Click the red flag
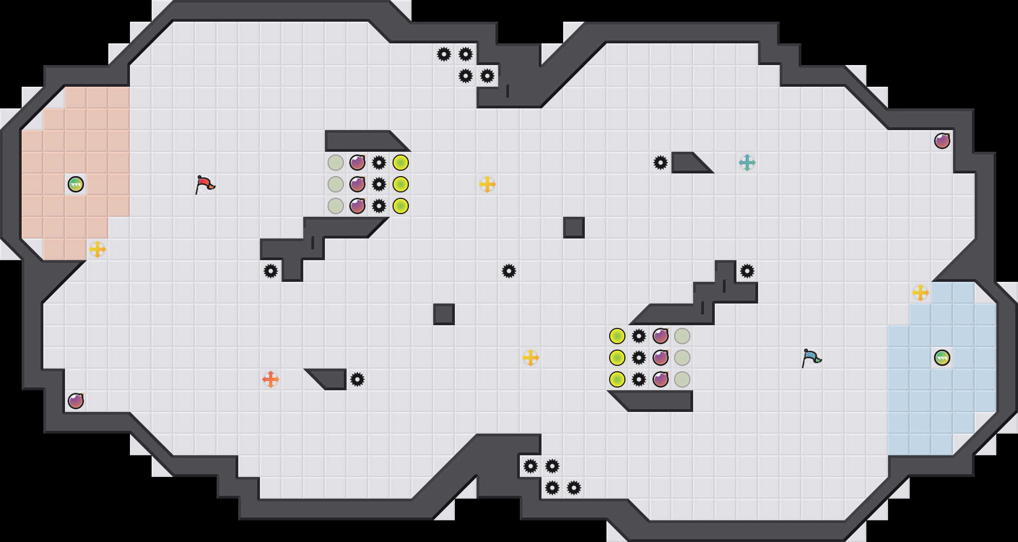[x=205, y=184]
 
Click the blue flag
[x=811, y=358]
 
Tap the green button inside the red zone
[x=76, y=184]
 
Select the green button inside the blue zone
[x=942, y=358]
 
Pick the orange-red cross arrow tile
[x=271, y=379]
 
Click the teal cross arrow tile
[x=747, y=163]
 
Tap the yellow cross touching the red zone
[x=97, y=249]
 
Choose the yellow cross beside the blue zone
[x=921, y=293]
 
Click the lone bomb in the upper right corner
[x=942, y=141]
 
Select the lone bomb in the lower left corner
[x=76, y=401]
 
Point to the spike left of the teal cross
[x=661, y=163]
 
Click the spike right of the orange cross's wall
[x=357, y=379]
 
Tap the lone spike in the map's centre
[x=509, y=271]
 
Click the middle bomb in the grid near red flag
[x=357, y=184]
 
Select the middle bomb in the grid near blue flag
[x=661, y=358]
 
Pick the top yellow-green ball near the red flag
[x=401, y=163]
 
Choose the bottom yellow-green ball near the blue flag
[x=617, y=379]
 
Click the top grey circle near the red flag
[x=336, y=163]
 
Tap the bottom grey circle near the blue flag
[x=682, y=379]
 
